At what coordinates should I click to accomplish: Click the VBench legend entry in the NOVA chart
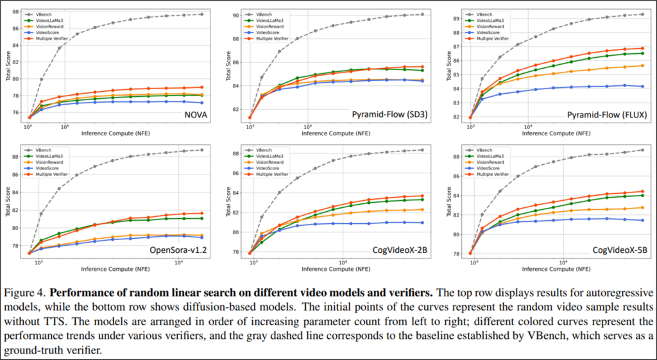tap(49, 13)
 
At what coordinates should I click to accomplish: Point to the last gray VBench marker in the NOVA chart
tap(201, 14)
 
